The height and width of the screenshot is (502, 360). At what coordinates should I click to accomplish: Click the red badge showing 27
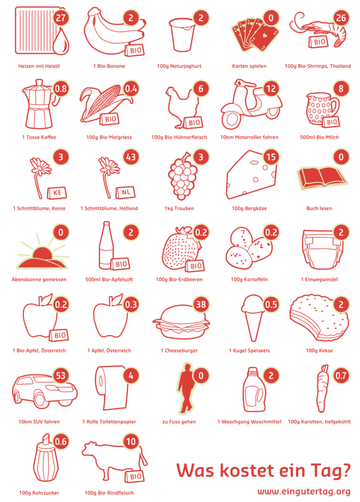[x=60, y=18]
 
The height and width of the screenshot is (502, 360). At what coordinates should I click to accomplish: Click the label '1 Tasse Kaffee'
[x=39, y=137]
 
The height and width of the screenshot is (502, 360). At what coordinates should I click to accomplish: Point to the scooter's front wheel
[x=232, y=119]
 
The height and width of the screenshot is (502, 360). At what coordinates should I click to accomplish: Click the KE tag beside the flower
[x=57, y=192]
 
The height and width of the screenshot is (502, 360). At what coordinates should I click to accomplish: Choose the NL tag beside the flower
[x=126, y=192]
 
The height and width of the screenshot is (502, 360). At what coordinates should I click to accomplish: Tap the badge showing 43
[x=131, y=157]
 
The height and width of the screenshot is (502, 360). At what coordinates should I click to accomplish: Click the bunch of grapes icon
[x=182, y=175]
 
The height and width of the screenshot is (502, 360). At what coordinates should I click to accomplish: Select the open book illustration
[x=321, y=176]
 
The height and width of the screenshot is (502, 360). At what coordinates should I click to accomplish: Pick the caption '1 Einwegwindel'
[x=319, y=279]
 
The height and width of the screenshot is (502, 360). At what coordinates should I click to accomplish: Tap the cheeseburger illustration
[x=181, y=322]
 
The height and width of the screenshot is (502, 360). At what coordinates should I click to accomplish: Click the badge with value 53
[x=60, y=375]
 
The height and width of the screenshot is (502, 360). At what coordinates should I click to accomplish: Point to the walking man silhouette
[x=186, y=388]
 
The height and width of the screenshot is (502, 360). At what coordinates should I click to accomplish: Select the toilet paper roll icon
[x=111, y=388]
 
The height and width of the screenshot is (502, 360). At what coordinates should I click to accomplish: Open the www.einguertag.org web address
[x=304, y=491]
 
